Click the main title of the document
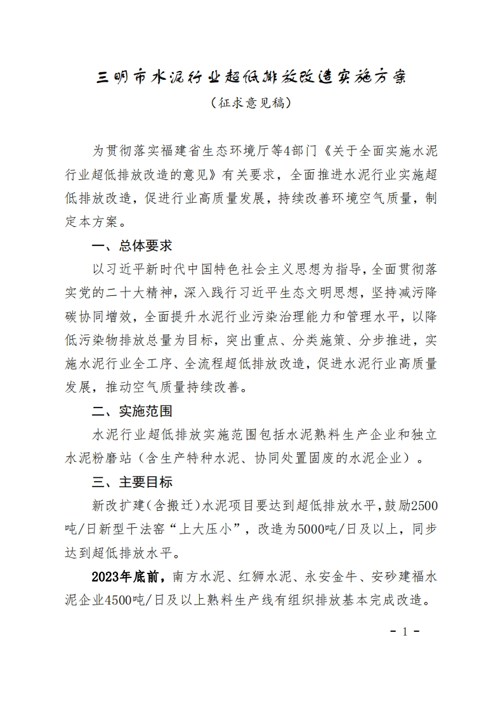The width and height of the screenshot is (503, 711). pyautogui.click(x=251, y=77)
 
